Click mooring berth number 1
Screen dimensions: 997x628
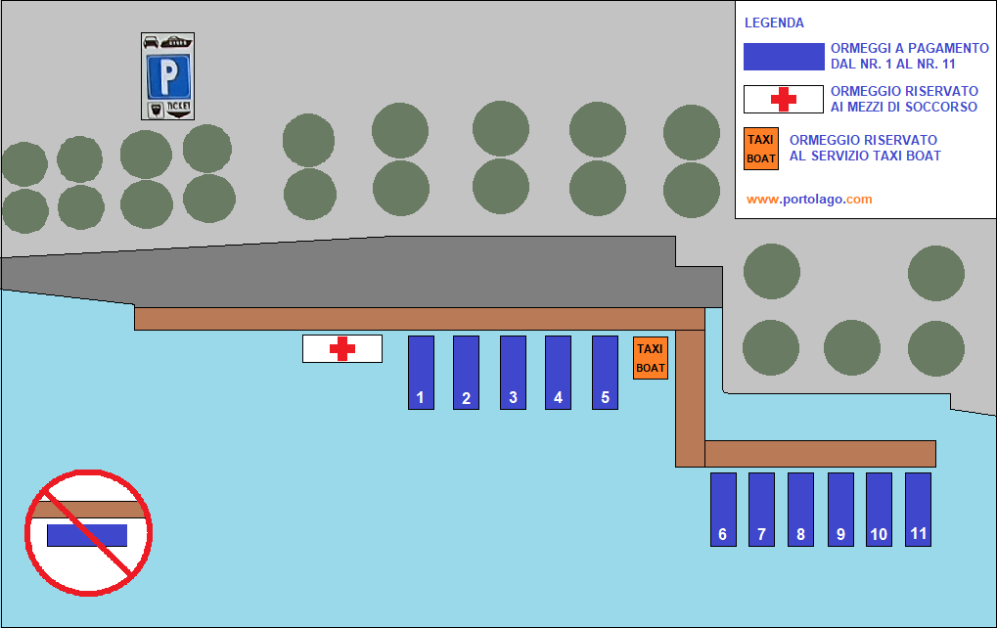coord(421,373)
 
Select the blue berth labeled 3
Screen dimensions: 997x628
coord(513,373)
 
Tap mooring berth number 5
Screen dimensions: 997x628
coord(605,373)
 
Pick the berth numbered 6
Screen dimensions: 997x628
coord(723,509)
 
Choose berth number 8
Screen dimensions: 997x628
coord(800,509)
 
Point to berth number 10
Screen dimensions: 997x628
coord(879,509)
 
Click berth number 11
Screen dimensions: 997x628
coord(918,509)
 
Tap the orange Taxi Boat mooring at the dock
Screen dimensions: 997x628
coord(651,358)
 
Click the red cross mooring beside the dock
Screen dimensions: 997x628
coord(342,348)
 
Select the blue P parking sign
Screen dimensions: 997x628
coord(168,77)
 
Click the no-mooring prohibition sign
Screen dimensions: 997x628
coord(88,533)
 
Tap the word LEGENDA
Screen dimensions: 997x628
coord(774,22)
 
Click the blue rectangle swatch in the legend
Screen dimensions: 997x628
coord(784,57)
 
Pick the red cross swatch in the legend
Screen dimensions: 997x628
coord(784,99)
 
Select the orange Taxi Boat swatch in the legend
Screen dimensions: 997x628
coord(761,149)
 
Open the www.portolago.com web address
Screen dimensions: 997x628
coord(809,199)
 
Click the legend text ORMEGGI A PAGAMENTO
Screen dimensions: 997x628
coord(910,48)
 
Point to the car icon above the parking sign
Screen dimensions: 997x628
coord(151,42)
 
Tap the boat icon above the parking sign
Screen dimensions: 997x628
coord(176,42)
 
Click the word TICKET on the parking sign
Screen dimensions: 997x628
coord(179,107)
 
